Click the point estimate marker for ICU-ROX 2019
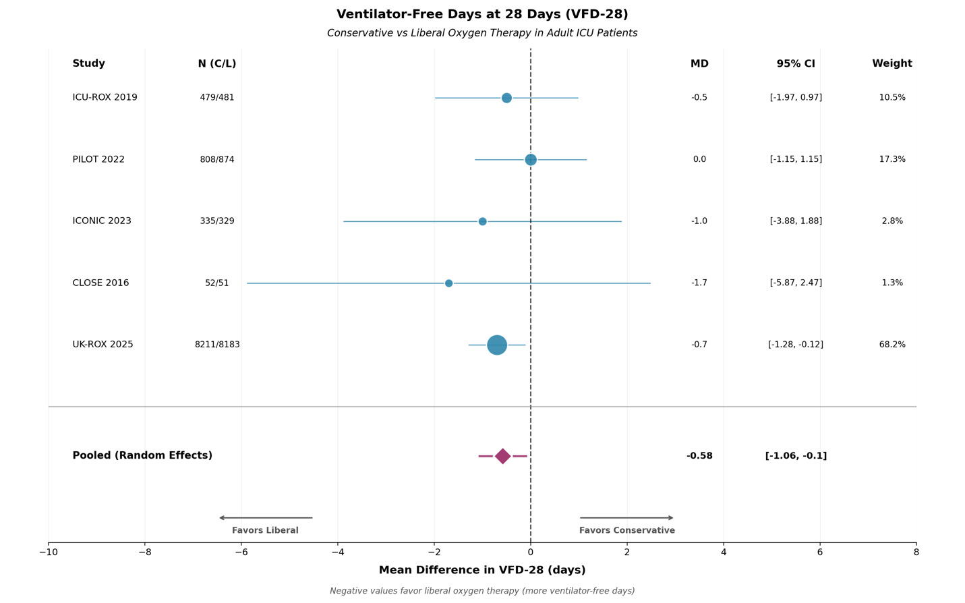[x=506, y=98]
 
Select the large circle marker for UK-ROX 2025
[x=497, y=345]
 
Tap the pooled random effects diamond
[x=502, y=456]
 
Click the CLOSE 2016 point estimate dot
[x=448, y=283]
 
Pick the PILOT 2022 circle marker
[x=531, y=160]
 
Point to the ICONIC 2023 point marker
[x=482, y=221]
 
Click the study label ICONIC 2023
[x=102, y=221]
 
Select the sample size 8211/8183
[x=217, y=345]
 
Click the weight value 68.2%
[x=891, y=345]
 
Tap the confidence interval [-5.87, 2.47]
[x=796, y=283]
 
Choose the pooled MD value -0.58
[x=699, y=456]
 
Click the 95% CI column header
[x=796, y=64]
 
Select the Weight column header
[x=891, y=64]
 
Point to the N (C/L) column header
[x=217, y=64]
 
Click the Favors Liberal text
[x=265, y=531]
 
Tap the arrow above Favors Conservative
[x=626, y=518]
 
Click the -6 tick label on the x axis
[x=241, y=552]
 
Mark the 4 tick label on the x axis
[x=724, y=552]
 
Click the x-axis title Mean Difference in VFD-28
[x=482, y=571]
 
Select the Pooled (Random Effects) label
[x=142, y=456]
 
